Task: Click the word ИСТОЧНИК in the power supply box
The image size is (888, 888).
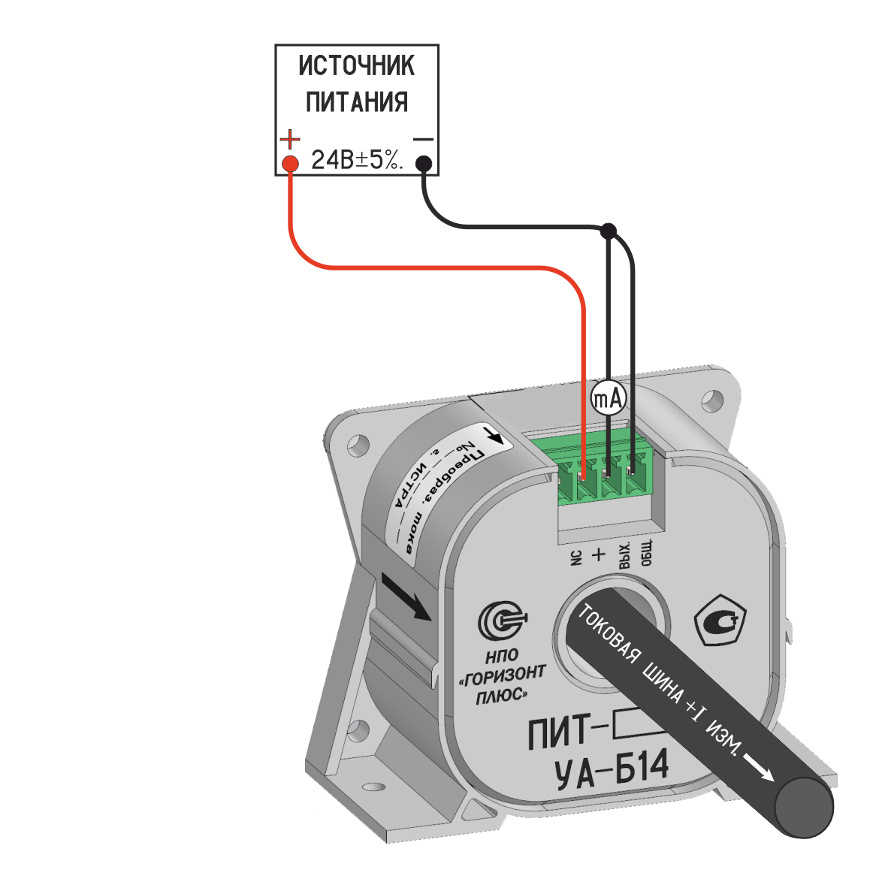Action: pos(356,65)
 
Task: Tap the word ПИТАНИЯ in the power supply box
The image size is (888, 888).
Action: pos(356,101)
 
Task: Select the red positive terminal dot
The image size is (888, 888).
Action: pos(290,163)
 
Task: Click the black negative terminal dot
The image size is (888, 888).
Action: pos(424,162)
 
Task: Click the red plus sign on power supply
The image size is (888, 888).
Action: pos(290,139)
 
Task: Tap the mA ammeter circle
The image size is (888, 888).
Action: pos(609,398)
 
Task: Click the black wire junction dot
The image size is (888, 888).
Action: pos(609,229)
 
